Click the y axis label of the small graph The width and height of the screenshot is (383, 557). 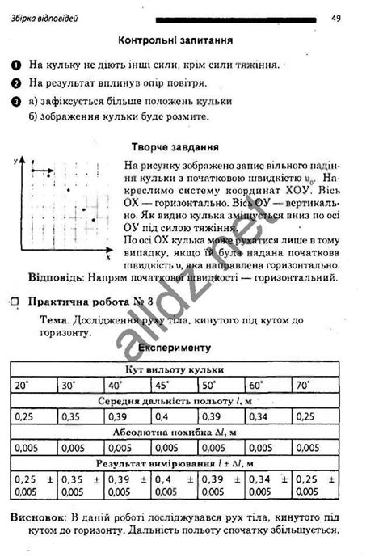coord(16,162)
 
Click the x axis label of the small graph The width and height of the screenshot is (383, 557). coord(107,258)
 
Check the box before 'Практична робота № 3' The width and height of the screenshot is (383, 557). coord(14,300)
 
